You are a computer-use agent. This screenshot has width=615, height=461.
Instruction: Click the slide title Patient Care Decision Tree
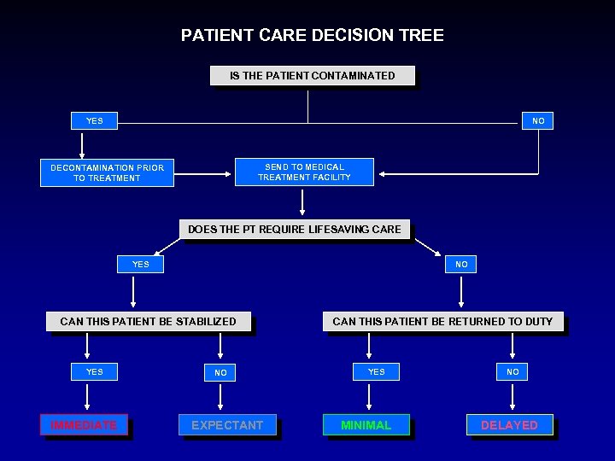point(312,35)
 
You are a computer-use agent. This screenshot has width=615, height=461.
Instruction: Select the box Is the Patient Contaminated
point(312,76)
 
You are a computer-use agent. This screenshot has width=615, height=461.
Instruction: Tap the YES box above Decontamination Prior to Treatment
point(94,121)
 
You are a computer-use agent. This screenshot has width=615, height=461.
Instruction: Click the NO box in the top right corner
point(537,121)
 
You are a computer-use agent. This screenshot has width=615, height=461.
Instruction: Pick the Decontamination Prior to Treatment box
point(108,173)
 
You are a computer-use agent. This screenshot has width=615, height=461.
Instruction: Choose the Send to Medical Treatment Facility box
point(304,172)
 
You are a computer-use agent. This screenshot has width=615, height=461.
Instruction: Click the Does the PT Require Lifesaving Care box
point(294,229)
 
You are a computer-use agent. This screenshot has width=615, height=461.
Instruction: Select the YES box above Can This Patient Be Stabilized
point(140,265)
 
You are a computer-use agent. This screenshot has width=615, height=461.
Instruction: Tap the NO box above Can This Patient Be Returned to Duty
point(461,265)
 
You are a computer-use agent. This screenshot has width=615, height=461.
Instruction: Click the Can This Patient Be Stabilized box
point(149,322)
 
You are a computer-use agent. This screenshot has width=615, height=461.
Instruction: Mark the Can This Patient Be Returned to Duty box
point(442,322)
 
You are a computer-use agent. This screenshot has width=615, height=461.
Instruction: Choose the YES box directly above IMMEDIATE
point(94,372)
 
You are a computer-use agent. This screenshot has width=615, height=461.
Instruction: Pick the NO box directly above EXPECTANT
point(220,373)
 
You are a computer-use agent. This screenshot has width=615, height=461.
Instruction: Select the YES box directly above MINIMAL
point(376,372)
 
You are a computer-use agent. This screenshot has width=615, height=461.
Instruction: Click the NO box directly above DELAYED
point(512,372)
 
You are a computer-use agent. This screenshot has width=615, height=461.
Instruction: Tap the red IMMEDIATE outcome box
point(84,425)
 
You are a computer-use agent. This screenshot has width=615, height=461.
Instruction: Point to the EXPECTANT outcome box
point(227,425)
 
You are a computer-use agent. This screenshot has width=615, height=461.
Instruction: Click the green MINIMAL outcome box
point(366,425)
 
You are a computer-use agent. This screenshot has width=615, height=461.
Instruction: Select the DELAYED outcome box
point(509,425)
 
